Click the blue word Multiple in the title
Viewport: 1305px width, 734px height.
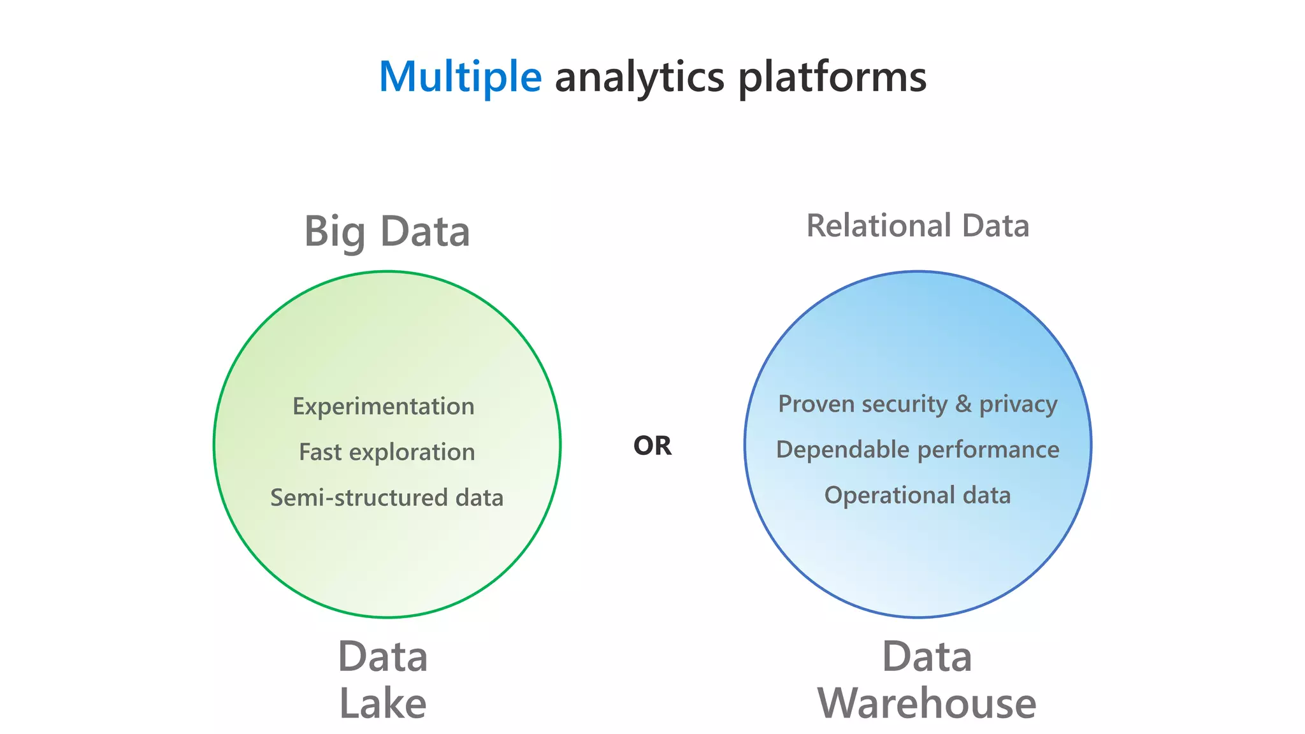[x=459, y=77]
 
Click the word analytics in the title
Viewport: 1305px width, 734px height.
[x=639, y=77]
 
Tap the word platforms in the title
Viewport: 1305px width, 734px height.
[x=832, y=77]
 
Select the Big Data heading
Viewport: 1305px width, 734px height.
[x=387, y=231]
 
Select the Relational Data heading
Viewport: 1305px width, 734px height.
[x=918, y=226]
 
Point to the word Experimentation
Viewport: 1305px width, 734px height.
[x=384, y=407]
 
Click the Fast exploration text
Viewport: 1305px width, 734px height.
[x=387, y=452]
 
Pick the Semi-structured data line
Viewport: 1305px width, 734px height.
[x=387, y=498]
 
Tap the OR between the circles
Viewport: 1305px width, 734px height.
[x=652, y=446]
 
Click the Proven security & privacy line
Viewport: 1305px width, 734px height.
[x=918, y=404]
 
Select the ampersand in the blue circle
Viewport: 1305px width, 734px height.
[x=963, y=404]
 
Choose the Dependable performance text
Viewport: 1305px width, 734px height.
[x=918, y=450]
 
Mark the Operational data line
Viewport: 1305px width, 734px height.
[x=918, y=495]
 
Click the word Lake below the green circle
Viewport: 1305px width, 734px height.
[x=383, y=703]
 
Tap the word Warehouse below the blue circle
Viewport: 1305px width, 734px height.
[x=926, y=703]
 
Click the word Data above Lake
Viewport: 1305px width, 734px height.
[x=383, y=657]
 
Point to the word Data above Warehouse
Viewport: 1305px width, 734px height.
[x=926, y=657]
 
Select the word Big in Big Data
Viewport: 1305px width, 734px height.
[x=335, y=233]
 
